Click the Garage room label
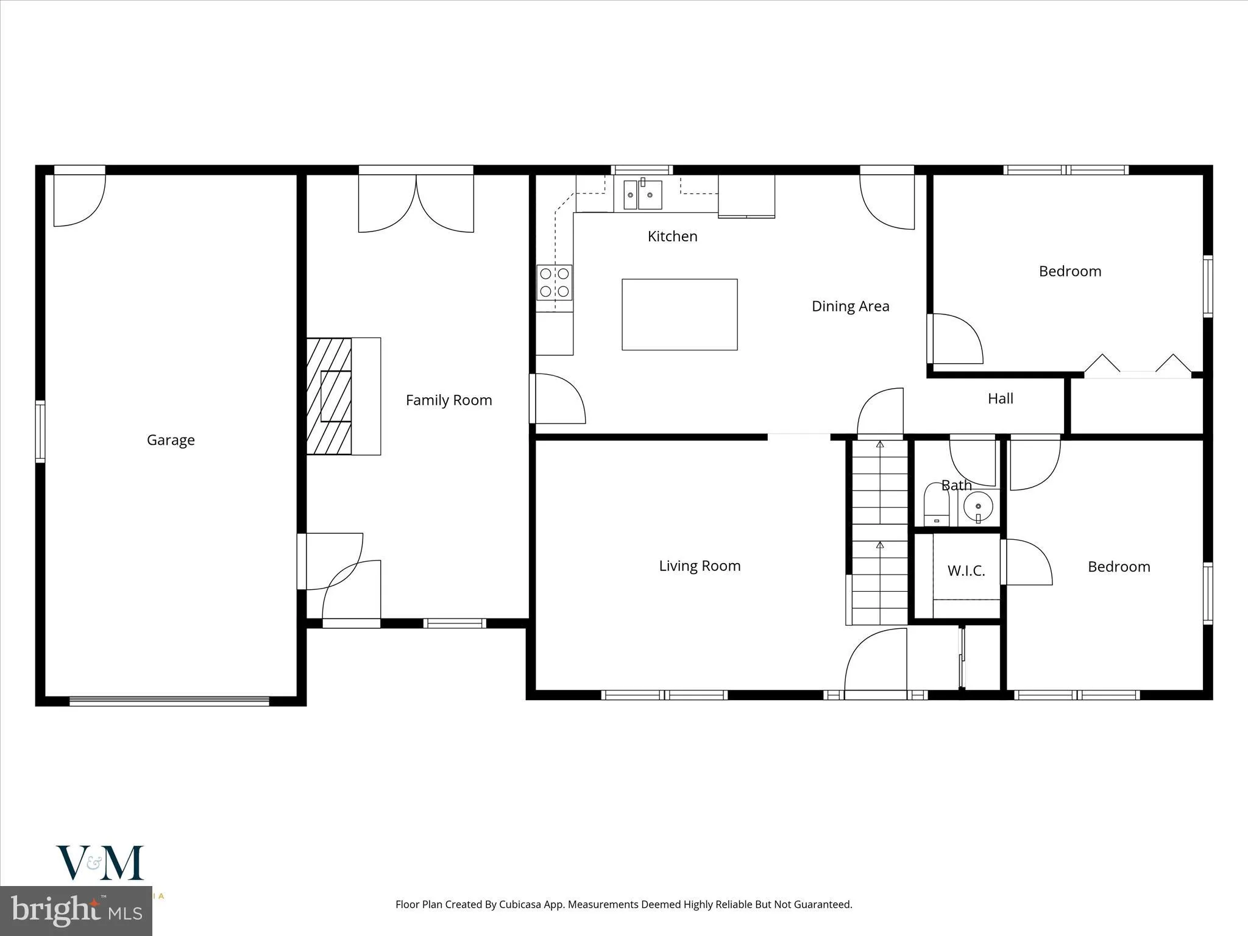coord(171,440)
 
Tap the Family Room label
coord(448,400)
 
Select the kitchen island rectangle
coord(679,314)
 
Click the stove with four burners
coord(555,283)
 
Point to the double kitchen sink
coord(642,195)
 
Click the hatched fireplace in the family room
coord(329,396)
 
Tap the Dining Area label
coord(850,307)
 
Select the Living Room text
coord(700,566)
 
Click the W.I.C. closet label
coord(966,571)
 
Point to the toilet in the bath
coord(937,505)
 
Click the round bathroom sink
coord(979,506)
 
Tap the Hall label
coord(1001,399)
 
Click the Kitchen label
coord(672,236)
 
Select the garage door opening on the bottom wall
coord(169,701)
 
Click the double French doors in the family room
coord(416,201)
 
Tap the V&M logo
coord(101,863)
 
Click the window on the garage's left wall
coord(40,431)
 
